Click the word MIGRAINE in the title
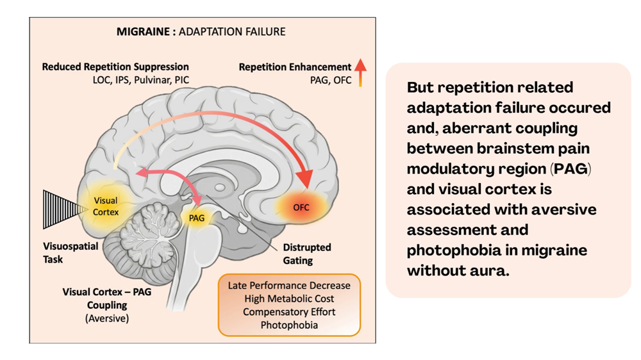click(142, 31)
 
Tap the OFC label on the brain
click(301, 208)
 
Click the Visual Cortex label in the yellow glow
click(106, 206)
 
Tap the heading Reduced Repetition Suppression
click(115, 67)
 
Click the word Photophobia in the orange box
click(289, 325)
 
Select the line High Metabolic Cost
click(289, 298)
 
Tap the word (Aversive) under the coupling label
click(106, 318)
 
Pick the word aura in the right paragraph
click(489, 270)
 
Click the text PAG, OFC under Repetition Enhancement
click(330, 81)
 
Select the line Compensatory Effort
click(289, 311)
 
